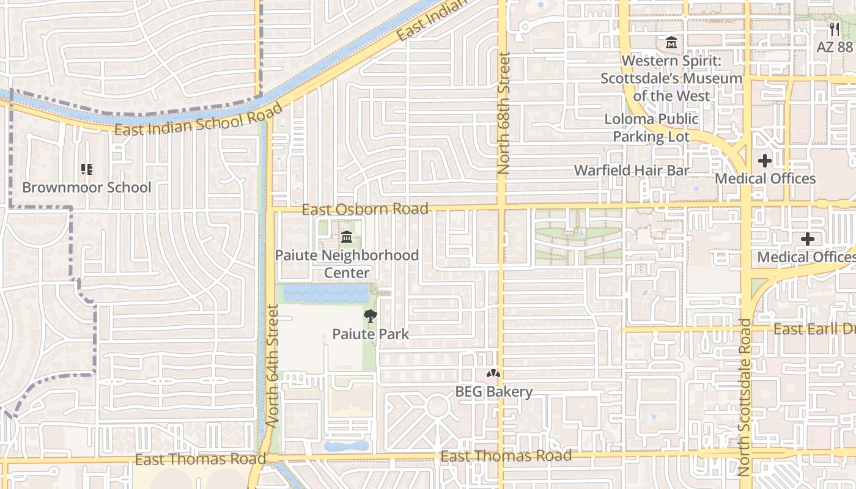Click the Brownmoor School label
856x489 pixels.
coord(86,187)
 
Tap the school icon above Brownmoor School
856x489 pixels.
coord(86,169)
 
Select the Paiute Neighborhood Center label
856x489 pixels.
coord(347,263)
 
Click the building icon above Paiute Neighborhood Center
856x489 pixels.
coord(347,237)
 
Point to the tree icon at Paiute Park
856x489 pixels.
coord(370,316)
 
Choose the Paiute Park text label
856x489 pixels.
coord(371,334)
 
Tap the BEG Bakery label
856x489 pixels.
coord(494,391)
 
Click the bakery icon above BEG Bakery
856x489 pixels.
coord(493,373)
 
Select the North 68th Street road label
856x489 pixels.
coord(504,113)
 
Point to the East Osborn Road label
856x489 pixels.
coord(365,209)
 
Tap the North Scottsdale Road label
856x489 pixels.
coord(744,397)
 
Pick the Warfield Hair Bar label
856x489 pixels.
coord(632,171)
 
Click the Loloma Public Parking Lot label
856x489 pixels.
coord(651,128)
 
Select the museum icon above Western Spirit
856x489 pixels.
coord(671,43)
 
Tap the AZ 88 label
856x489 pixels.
coord(835,47)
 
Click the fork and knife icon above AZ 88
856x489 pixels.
coord(835,29)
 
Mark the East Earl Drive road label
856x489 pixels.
coord(814,329)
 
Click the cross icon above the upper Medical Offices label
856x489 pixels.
coord(764,161)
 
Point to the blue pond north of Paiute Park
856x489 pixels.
coord(327,293)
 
